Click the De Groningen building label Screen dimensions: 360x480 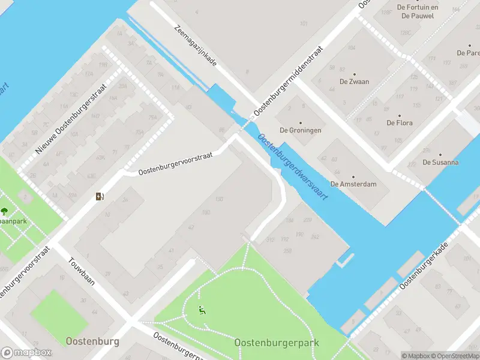point(301,130)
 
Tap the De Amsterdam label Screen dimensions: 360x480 point(353,184)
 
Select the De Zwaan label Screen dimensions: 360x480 point(354,82)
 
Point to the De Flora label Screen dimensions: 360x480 point(399,123)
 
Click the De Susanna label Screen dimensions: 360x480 point(440,162)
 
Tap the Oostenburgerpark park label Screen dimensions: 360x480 point(277,343)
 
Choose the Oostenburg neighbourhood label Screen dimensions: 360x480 point(92,341)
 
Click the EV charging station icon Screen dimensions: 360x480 point(100,196)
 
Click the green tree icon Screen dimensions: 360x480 point(5,211)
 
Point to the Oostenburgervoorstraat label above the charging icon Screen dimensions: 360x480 point(175,163)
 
